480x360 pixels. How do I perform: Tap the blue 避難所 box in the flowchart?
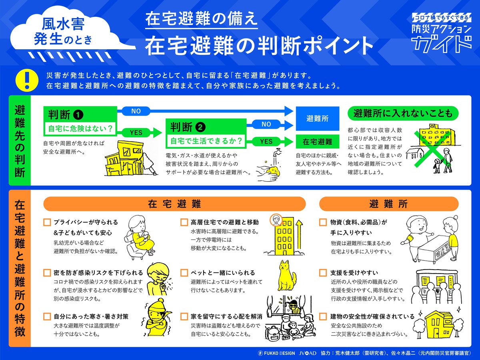tap(317, 118)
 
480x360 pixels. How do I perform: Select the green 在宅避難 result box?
tap(317, 142)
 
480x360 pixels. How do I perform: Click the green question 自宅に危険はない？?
tap(80, 129)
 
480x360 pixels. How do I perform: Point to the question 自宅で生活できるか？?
tap(206, 141)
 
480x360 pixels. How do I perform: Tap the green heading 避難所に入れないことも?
tap(403, 113)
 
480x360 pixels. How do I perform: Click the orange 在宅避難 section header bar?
tap(174, 204)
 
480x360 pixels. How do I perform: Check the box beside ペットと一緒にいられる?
tap(184, 273)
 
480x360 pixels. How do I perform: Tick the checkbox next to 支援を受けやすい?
tap(323, 273)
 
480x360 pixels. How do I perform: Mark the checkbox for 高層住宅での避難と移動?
tap(184, 222)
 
